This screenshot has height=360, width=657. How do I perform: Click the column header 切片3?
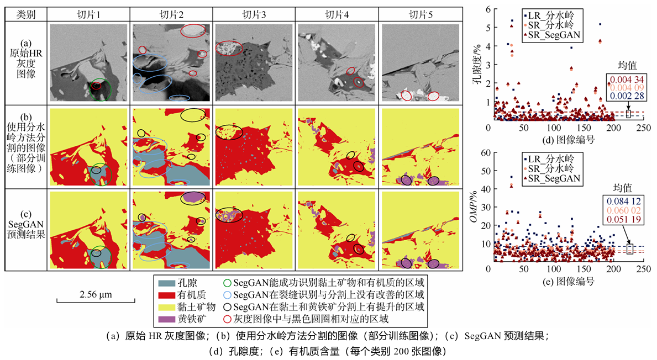[x=254, y=14]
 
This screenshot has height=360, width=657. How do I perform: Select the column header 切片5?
[x=421, y=14]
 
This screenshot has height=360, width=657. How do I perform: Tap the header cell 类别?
[x=26, y=14]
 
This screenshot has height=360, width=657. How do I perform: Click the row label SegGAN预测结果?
[x=26, y=229]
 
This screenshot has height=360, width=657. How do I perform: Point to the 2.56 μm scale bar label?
[x=96, y=295]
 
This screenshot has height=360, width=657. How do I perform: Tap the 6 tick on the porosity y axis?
[x=484, y=8]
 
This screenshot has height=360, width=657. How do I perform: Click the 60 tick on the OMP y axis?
[x=482, y=153]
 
